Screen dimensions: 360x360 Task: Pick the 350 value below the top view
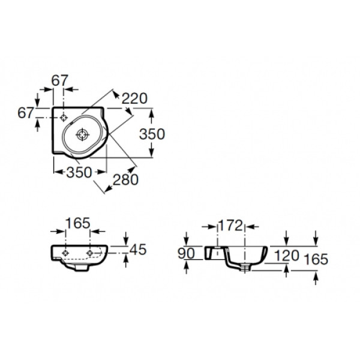[x=79, y=172]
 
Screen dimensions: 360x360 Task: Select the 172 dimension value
[x=230, y=226]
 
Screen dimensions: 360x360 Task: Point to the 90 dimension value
[x=186, y=253]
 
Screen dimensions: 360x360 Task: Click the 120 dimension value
[x=286, y=254]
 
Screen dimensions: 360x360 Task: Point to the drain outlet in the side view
[x=246, y=268]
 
